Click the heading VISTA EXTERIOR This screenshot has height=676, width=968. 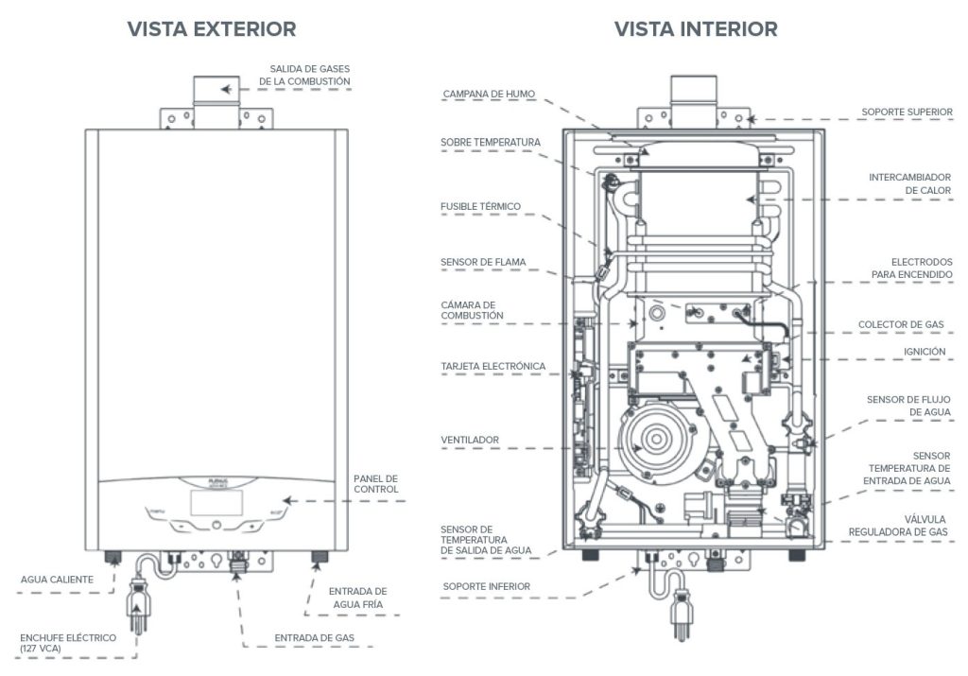[212, 29]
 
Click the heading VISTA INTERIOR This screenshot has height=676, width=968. [696, 29]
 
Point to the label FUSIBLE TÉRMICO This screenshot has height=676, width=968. [480, 206]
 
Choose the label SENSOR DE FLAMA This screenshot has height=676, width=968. [482, 262]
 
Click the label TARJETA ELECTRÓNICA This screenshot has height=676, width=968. [493, 366]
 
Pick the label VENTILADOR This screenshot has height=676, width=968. [469, 440]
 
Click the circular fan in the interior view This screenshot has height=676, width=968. [652, 442]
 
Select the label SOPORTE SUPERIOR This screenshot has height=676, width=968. [907, 112]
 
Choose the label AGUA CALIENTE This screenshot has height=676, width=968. [57, 578]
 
